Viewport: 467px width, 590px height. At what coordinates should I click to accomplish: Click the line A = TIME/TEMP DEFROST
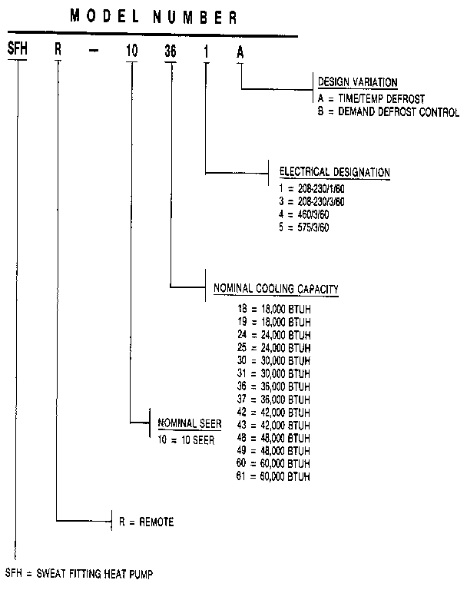pyautogui.click(x=371, y=99)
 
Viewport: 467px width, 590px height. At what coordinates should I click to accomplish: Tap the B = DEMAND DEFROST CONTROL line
pyautogui.click(x=388, y=112)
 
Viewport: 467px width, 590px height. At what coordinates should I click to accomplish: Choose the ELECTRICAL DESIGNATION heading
pyautogui.click(x=335, y=172)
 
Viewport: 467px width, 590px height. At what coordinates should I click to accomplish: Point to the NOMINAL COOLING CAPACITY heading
pyautogui.click(x=277, y=289)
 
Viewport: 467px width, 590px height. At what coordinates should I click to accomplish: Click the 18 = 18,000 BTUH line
pyautogui.click(x=274, y=308)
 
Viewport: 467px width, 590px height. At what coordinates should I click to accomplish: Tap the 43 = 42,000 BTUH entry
pyautogui.click(x=274, y=426)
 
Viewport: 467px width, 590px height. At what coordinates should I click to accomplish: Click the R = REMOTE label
pyautogui.click(x=146, y=522)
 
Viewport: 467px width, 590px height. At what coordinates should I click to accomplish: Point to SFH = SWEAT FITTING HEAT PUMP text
pyautogui.click(x=84, y=572)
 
